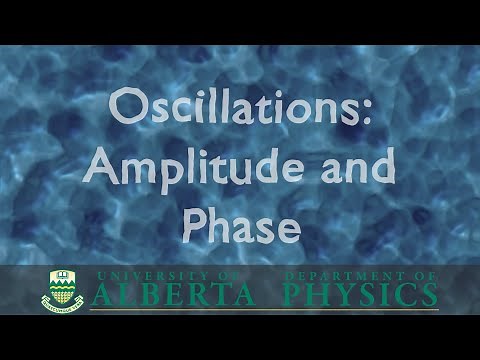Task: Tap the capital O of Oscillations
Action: [x=125, y=107]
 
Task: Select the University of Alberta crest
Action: [x=62, y=289]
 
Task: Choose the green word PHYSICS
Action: [x=359, y=294]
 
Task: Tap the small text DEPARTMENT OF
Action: [x=359, y=275]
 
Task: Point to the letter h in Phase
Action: [x=221, y=221]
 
